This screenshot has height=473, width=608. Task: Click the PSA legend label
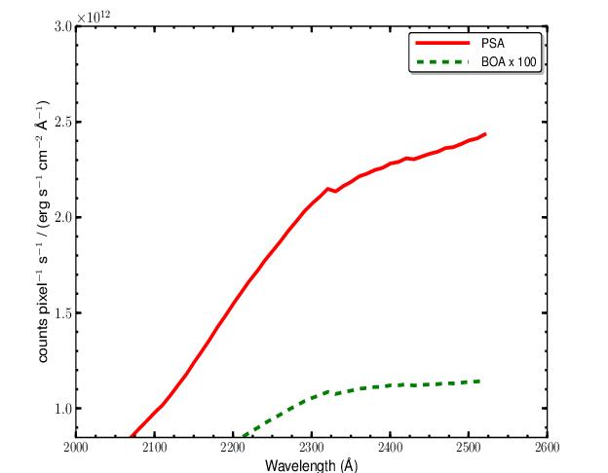point(495,44)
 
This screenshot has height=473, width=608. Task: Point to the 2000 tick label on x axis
point(76,449)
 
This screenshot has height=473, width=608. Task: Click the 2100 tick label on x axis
point(154,449)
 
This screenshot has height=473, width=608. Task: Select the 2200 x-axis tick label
point(233,449)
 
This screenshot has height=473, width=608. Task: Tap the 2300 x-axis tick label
point(312,449)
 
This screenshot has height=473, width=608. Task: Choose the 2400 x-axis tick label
point(390,449)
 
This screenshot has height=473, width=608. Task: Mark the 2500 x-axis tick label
point(469,449)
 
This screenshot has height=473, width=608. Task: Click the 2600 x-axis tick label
point(547,449)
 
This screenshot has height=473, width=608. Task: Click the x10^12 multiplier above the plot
point(95,17)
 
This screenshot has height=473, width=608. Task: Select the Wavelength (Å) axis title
point(312,464)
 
